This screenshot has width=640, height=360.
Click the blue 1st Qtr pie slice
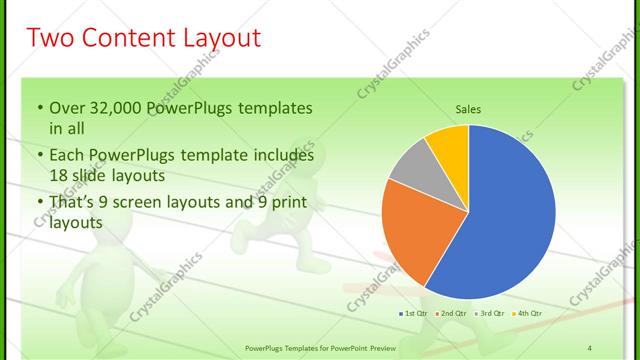pyautogui.click(x=500, y=220)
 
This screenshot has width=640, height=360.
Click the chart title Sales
pyautogui.click(x=469, y=108)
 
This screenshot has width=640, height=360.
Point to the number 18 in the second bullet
pyautogui.click(x=58, y=175)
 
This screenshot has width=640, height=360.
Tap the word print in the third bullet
pyautogui.click(x=286, y=202)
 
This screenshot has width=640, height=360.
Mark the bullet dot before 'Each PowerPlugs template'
pyautogui.click(x=40, y=157)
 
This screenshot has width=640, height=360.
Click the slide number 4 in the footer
pyautogui.click(x=590, y=346)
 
